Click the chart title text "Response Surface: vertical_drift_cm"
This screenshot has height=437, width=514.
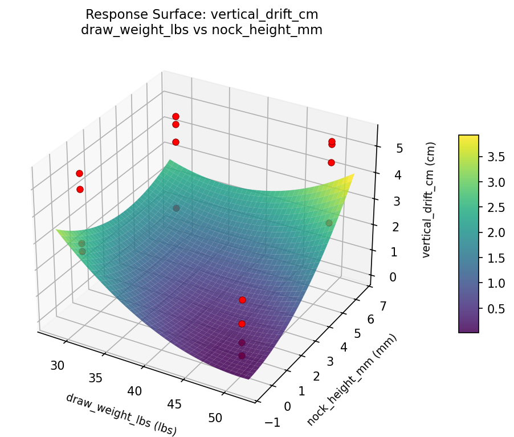(202, 14)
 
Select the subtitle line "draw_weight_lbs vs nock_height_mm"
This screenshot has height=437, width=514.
(202, 30)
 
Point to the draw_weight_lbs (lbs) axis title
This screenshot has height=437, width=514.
(121, 415)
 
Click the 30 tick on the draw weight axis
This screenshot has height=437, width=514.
(57, 365)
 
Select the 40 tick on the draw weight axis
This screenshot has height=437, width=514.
(135, 391)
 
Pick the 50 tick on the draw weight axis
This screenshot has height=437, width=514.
(215, 418)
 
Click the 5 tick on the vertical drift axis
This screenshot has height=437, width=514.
(384, 149)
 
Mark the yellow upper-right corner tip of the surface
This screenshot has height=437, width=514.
(354, 174)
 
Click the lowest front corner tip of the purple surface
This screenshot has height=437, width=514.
(249, 378)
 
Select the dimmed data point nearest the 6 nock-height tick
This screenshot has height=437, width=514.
(329, 223)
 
